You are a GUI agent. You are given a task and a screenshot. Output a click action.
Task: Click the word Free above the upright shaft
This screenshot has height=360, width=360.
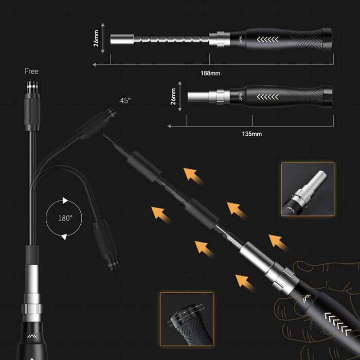(x=31, y=71)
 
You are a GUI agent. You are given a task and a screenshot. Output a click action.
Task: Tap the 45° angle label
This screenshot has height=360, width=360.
(x=125, y=101)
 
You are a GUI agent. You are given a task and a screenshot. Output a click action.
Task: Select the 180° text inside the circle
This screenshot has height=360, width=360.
(x=65, y=218)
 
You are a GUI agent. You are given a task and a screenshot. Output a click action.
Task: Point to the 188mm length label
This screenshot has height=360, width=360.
(x=210, y=73)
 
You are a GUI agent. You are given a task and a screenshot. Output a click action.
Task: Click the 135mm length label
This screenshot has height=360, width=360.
(x=251, y=134)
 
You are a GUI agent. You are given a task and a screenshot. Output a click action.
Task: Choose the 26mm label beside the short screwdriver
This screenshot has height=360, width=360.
(x=173, y=96)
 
